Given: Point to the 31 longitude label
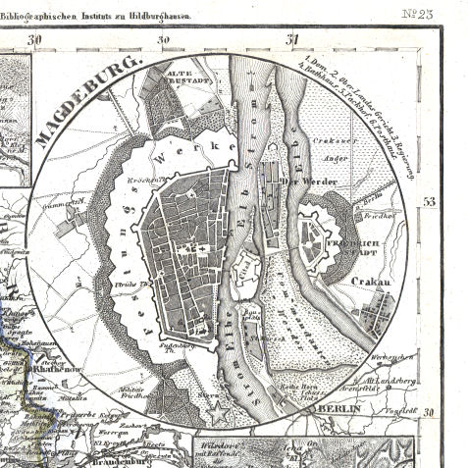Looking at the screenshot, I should coord(291,39).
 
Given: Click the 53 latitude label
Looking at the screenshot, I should coord(429,202).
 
